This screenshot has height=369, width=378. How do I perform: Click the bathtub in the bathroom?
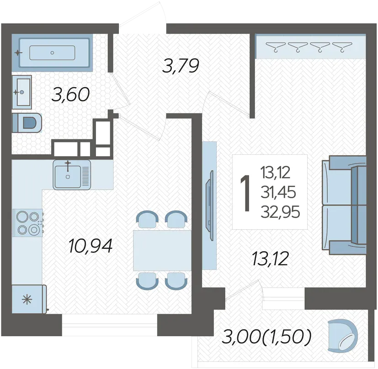[52, 53]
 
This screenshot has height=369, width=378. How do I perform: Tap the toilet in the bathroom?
[27, 122]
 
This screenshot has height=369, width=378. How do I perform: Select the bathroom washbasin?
[21, 92]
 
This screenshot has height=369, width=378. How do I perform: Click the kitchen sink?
[72, 175]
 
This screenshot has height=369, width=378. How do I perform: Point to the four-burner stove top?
[28, 223]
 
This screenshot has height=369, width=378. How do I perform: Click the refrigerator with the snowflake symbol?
[29, 299]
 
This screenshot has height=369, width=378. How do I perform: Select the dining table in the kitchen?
[162, 251]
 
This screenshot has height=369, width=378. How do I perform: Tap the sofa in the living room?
[344, 206]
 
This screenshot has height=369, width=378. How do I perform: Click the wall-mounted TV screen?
[209, 205]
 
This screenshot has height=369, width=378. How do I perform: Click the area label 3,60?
[70, 95]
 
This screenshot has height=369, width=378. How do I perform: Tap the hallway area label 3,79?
[181, 66]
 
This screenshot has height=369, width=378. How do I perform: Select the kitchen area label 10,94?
[91, 246]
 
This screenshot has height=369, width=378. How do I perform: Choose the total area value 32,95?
[280, 212]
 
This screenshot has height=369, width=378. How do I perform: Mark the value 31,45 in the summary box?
[278, 192]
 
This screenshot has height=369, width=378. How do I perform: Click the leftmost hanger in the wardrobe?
[276, 47]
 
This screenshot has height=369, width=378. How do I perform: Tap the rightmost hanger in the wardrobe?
[342, 47]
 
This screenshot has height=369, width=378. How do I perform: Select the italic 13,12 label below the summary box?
[270, 259]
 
